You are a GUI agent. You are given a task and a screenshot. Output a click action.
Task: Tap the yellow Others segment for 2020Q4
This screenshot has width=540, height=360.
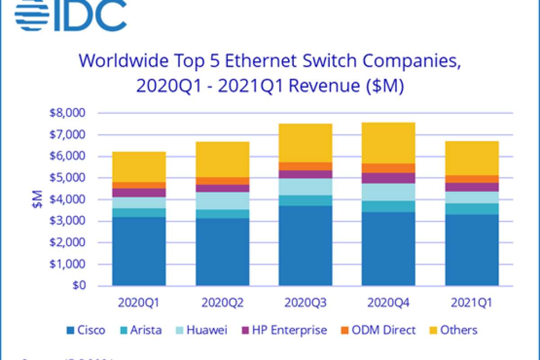(x=388, y=143)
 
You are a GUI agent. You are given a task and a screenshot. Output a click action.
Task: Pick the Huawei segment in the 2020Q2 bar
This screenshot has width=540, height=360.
(x=222, y=201)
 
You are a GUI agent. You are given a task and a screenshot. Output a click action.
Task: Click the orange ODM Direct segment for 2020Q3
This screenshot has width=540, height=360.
(x=306, y=166)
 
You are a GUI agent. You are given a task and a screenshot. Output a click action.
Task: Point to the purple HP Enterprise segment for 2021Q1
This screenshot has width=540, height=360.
(x=472, y=187)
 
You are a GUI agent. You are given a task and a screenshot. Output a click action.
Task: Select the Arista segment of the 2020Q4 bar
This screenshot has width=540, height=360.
(x=388, y=206)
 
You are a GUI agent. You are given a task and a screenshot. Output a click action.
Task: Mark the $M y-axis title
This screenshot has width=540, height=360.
(x=38, y=199)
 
